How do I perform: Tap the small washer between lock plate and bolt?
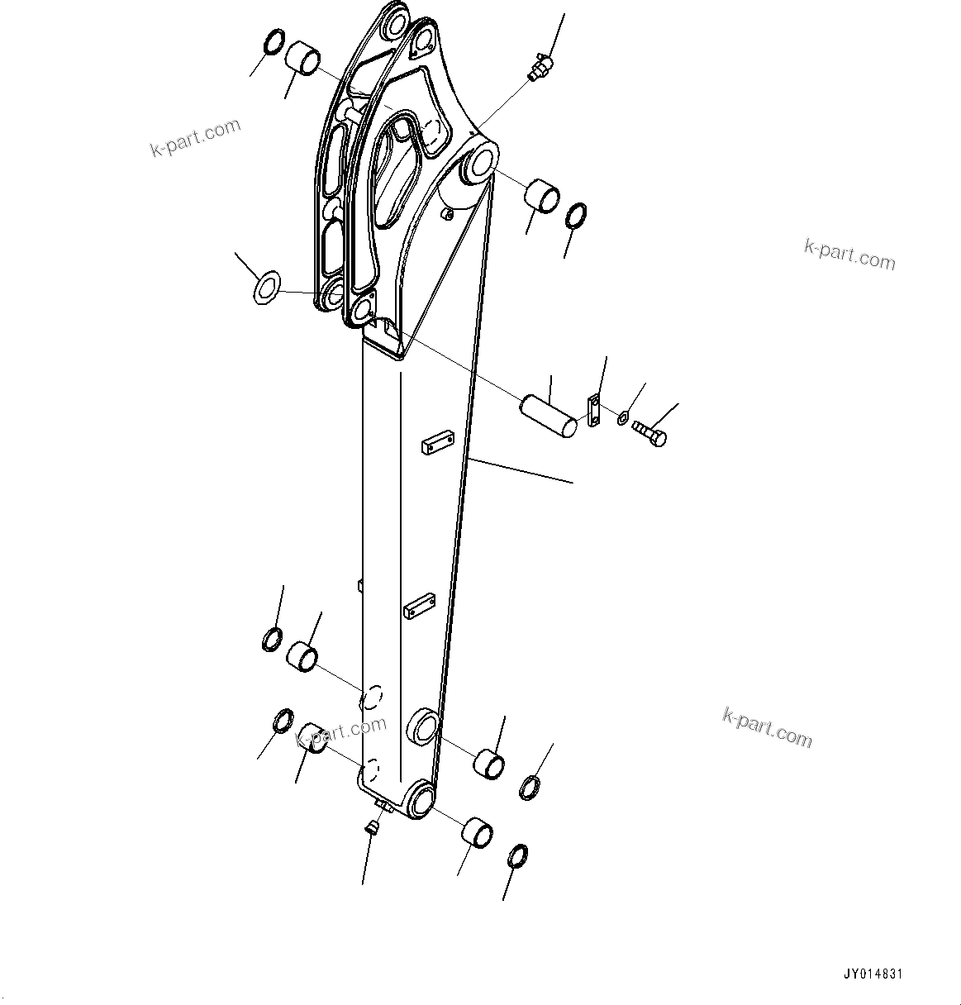point(623,418)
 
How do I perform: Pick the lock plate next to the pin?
point(593,411)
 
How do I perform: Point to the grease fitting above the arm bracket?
point(539,65)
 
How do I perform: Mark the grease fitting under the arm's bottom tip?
point(373,826)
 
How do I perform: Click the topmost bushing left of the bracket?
point(303,60)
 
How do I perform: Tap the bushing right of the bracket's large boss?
point(542,194)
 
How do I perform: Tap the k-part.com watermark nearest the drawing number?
point(767,726)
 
